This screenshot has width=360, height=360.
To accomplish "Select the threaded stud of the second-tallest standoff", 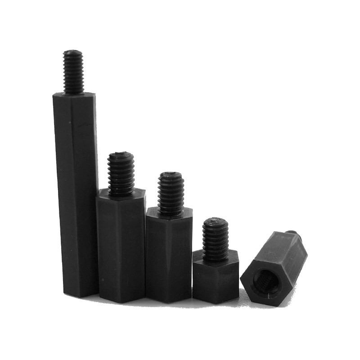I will (x=121, y=173).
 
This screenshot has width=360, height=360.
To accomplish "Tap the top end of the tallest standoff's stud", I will (x=73, y=52).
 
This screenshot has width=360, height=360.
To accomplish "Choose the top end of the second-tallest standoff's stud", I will (x=120, y=155).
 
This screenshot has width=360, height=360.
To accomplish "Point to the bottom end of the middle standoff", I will (x=169, y=300).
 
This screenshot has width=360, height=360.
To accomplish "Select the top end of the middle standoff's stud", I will (x=171, y=174).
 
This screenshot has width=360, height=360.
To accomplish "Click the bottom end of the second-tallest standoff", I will (x=121, y=299).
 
